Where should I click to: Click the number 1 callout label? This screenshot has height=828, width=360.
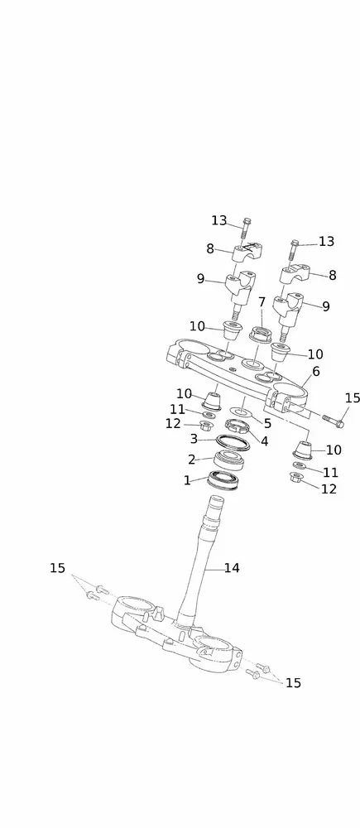click(x=187, y=480)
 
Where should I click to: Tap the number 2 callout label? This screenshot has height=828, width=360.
click(x=192, y=460)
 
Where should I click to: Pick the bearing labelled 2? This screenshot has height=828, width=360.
click(x=231, y=460)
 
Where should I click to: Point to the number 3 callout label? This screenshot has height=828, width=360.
click(x=194, y=439)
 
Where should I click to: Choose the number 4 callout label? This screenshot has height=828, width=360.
click(x=265, y=441)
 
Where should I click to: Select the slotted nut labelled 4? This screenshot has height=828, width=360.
click(x=237, y=425)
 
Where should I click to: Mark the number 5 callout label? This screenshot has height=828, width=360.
click(x=267, y=423)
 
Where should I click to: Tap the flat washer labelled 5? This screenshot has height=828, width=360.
click(x=241, y=411)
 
